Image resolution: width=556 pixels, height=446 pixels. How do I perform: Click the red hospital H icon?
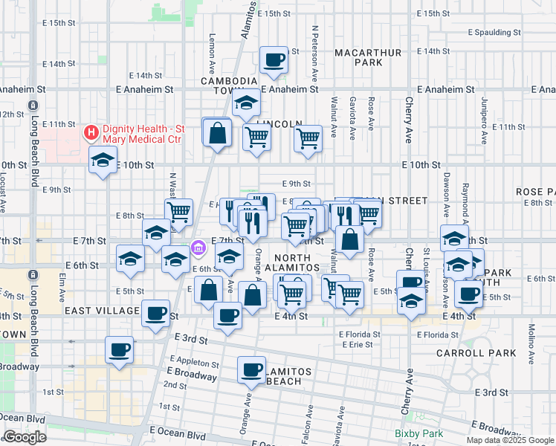91,133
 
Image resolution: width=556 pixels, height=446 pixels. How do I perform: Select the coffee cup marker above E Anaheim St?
274,59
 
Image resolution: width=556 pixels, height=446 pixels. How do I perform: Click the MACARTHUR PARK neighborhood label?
368,58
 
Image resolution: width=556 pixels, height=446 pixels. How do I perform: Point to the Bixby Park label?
418,433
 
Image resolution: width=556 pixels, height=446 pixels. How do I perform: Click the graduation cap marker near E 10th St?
103,159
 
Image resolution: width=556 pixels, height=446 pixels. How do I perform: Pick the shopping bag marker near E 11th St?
218,134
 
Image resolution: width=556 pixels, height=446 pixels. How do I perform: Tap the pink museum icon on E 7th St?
198,247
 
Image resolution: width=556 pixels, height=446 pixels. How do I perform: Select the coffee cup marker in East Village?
155,313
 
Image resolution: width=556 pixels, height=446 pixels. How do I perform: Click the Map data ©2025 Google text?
509,440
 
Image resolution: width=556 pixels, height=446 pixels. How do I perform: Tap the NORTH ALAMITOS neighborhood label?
293,261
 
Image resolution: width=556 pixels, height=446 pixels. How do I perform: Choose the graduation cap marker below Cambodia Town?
245,105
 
